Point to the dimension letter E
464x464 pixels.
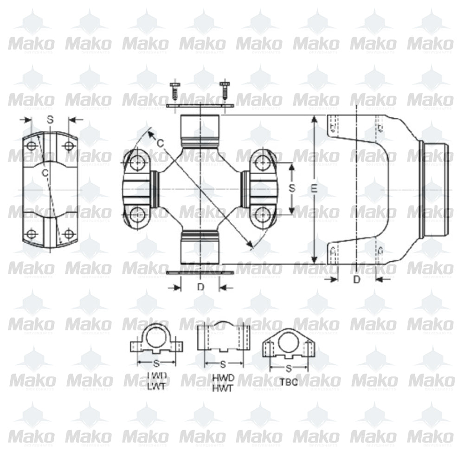(315, 189)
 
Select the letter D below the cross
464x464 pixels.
(200, 287)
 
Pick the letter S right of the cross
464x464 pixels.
(291, 188)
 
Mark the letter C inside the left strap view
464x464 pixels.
(45, 173)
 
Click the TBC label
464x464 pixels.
(289, 383)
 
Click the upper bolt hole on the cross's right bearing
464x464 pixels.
(263, 162)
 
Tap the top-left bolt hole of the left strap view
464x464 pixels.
(32, 146)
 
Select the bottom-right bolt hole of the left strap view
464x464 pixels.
(69, 233)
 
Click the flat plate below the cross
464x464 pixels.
(200, 272)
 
